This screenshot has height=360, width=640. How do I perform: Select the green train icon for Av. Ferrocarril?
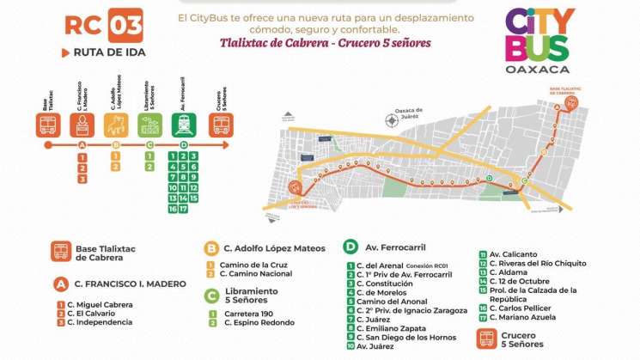[x=185, y=125]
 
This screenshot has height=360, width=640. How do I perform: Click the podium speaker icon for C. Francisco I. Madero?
[x=82, y=125]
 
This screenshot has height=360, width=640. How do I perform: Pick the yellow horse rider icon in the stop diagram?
[x=116, y=125]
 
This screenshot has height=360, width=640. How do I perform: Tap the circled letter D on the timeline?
[x=184, y=145]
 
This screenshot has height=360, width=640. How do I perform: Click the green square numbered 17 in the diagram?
[x=184, y=209]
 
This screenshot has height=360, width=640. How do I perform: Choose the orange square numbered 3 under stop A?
[x=82, y=179]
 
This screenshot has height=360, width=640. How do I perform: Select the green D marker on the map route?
[x=490, y=179]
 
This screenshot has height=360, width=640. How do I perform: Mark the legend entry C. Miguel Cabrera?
[x=101, y=303]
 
